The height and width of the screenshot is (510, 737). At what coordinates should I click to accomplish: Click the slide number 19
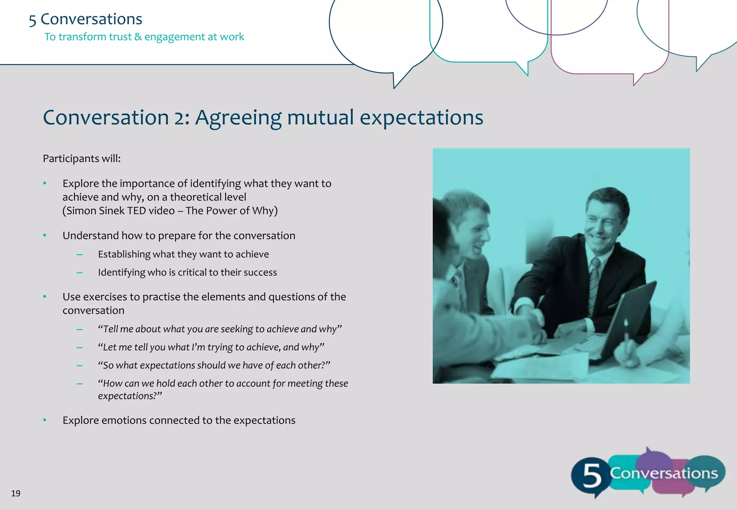coord(15,493)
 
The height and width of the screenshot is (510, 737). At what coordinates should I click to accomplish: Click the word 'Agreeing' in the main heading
coord(238,118)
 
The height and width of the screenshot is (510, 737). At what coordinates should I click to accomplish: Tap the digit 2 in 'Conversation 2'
coord(180,118)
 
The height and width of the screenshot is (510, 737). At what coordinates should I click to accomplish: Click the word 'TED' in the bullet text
coord(137,210)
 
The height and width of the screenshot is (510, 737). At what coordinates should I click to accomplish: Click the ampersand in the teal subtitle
coord(138,37)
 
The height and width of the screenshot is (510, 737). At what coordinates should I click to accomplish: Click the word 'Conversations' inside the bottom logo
coord(664,473)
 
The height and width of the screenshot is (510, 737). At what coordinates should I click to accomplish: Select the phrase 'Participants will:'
coord(82,159)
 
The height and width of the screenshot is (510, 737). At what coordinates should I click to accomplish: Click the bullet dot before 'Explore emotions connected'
coord(45,420)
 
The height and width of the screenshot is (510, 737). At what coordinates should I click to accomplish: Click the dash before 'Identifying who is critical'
coord(80,273)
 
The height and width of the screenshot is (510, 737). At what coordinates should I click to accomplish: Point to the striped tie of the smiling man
coord(594,284)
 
